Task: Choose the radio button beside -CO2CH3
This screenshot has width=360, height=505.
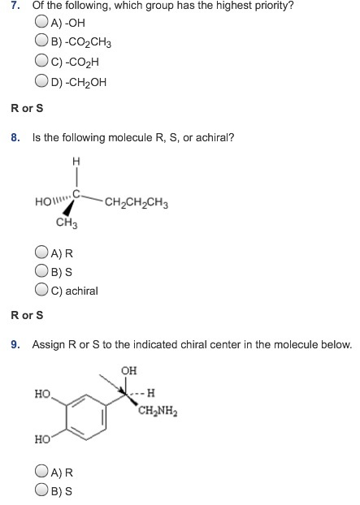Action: coord(41,41)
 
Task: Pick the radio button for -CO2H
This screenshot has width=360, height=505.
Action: coord(41,60)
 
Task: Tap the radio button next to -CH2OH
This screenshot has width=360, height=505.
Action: coord(41,80)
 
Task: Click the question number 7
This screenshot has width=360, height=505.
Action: coord(15,6)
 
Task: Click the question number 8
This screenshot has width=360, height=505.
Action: coord(15,137)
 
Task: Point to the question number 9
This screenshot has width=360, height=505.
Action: coord(15,344)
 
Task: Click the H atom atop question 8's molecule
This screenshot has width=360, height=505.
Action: coord(76,161)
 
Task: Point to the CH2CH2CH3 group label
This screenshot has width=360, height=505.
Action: coord(137,203)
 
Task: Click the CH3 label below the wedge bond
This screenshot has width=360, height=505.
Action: coord(67,222)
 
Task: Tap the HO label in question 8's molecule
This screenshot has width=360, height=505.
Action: coord(43,202)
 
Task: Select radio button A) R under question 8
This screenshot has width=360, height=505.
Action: coord(41,252)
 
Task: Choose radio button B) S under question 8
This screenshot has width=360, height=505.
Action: coord(41,270)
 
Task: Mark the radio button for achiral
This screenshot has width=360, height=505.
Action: coord(41,289)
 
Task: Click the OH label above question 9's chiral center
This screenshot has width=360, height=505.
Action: coord(129,371)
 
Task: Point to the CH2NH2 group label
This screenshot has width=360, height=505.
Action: coord(158,411)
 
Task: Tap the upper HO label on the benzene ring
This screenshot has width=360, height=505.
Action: coord(43,394)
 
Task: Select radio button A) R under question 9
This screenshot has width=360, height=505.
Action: coord(41,471)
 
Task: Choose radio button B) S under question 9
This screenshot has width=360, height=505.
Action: coord(41,490)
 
